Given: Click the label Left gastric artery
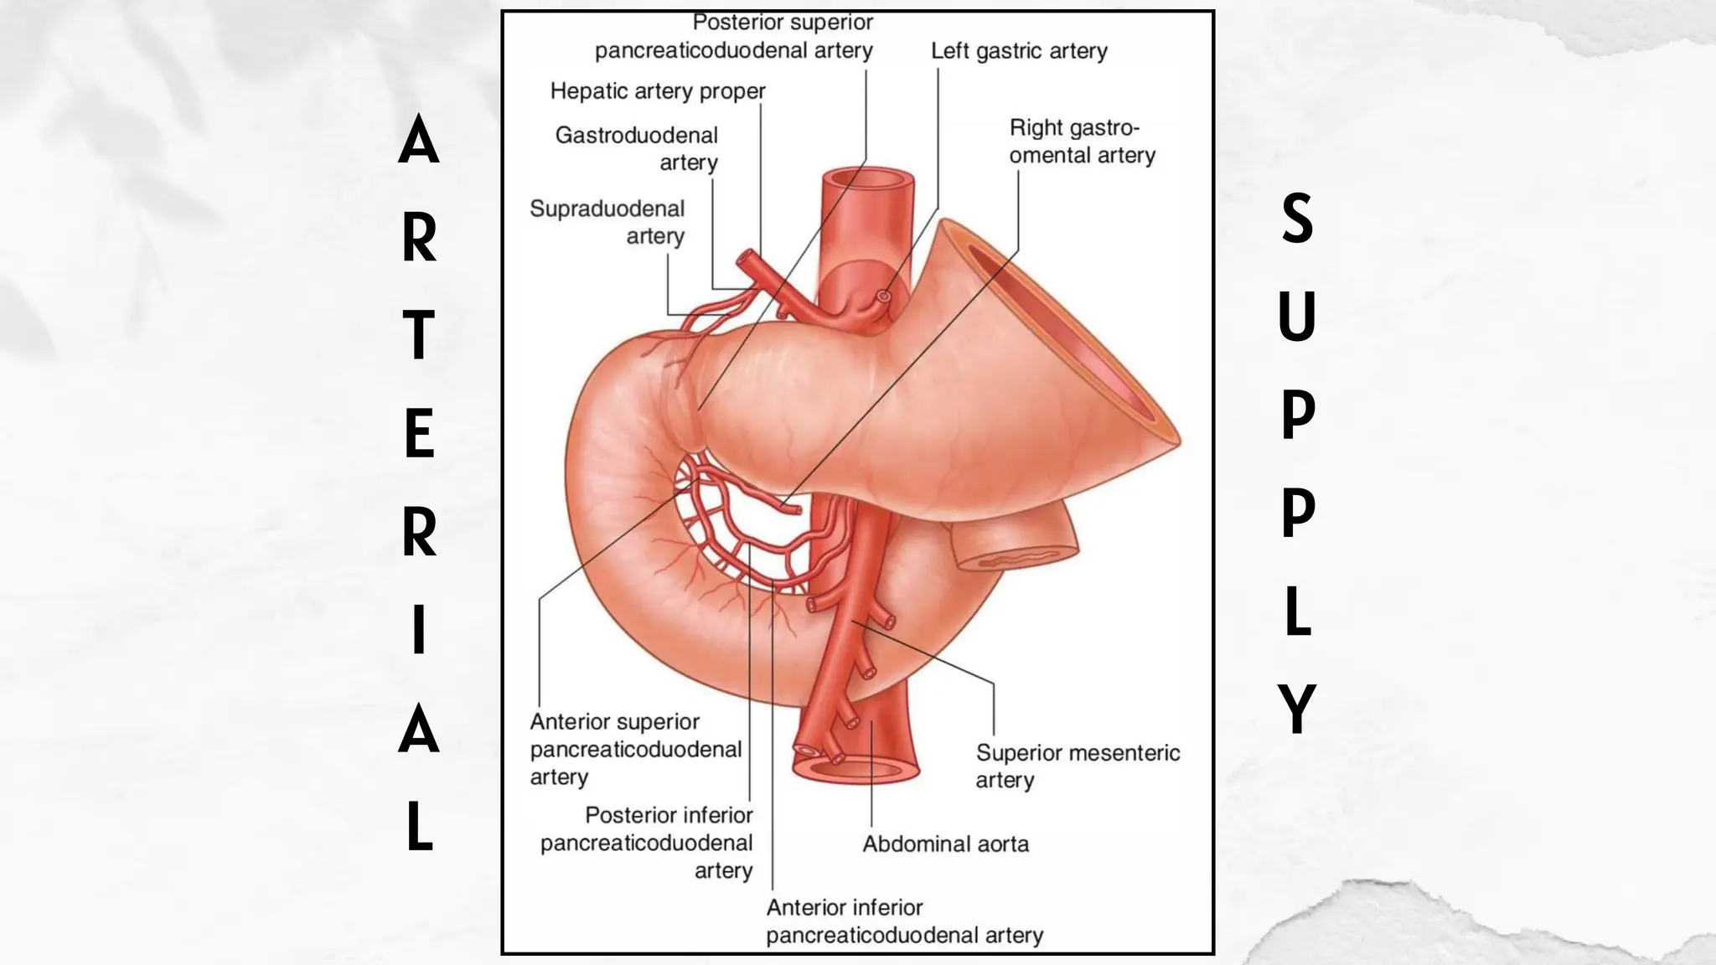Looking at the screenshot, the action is click(x=1019, y=51).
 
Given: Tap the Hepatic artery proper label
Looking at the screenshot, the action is click(x=658, y=91).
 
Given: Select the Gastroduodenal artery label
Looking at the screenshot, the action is click(x=637, y=148).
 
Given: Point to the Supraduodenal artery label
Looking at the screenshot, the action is click(x=607, y=222).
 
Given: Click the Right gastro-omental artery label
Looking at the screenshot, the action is click(x=1082, y=142).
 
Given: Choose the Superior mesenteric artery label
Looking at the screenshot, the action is click(x=1078, y=766).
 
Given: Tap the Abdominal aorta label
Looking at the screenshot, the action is click(x=946, y=844).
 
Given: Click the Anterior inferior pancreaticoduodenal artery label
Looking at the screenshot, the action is click(x=904, y=921).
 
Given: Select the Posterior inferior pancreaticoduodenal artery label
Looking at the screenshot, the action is click(x=647, y=842).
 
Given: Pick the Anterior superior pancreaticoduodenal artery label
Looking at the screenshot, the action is click(x=635, y=749).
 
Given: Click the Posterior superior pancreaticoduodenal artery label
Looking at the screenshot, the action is click(x=734, y=37).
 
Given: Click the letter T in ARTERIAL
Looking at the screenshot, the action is click(x=419, y=335).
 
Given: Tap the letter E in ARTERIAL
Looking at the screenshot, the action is click(x=419, y=434).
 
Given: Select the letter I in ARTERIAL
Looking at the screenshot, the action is click(x=419, y=630).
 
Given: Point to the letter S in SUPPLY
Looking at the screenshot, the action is click(x=1297, y=219).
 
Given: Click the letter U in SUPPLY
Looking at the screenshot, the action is click(x=1297, y=316).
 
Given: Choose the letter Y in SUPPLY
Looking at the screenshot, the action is click(x=1297, y=709).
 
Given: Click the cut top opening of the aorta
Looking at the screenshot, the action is click(x=867, y=179).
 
